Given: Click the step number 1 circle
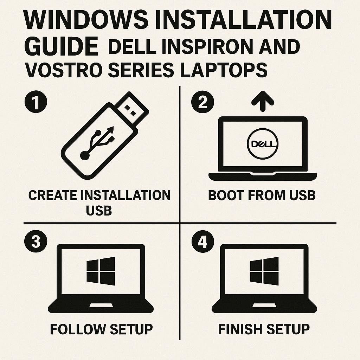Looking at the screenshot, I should [36, 102].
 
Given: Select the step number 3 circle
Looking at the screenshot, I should [36, 242].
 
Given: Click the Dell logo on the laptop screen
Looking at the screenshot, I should [263, 144].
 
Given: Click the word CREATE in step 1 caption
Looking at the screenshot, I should [53, 195].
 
